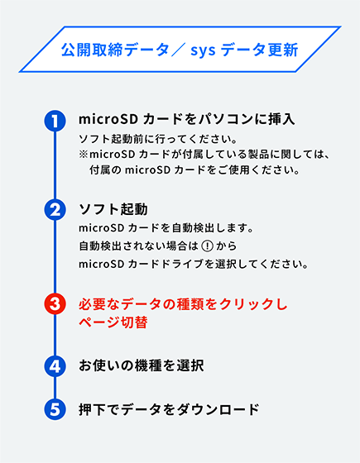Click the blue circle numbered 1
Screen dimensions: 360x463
pos(55,121)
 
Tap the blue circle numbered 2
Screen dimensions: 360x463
pos(55,209)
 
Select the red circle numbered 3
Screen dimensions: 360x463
pos(55,304)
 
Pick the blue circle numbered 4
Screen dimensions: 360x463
pos(55,366)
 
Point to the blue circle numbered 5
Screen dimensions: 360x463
pos(55,409)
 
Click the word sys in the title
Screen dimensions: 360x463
pos(203,50)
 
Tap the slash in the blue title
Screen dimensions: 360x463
pos(178,50)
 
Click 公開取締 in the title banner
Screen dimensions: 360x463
pos(92,50)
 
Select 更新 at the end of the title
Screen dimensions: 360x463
pos(283,50)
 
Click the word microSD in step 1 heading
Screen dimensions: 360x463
pos(108,119)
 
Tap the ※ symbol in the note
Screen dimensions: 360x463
pos(84,155)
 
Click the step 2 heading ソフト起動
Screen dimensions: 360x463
pos(113,209)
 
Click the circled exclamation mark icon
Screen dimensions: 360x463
pos(207,246)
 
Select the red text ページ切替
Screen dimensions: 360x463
pos(113,322)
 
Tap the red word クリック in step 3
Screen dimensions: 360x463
pos(244,304)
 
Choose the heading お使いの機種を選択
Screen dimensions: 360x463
pos(142,365)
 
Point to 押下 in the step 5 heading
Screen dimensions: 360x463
pos(93,409)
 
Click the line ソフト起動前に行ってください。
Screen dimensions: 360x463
pos(158,139)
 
